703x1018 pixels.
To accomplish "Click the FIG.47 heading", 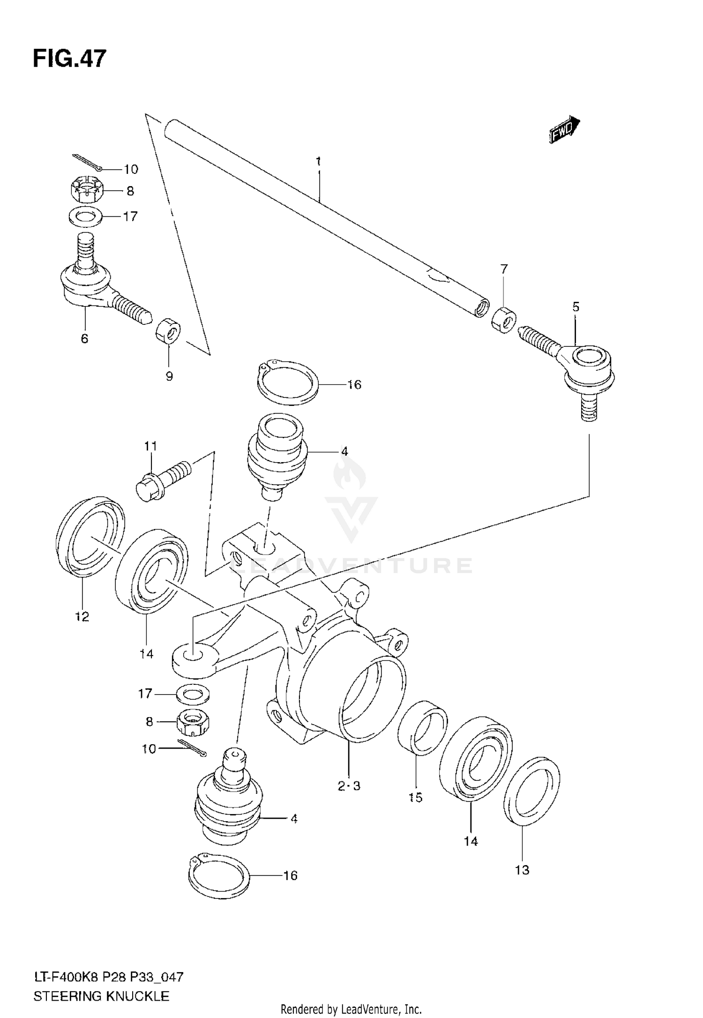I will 69,59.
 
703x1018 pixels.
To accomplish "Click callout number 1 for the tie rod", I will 318,162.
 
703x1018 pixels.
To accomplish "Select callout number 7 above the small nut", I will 504,269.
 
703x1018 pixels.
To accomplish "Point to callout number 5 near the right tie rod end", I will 576,307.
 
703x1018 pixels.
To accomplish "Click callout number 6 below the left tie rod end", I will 84,338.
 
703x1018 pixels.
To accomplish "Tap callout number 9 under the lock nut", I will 169,376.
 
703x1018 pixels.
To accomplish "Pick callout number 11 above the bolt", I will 150,446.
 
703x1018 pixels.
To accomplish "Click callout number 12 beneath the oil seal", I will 82,616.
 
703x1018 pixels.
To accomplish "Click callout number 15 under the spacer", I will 416,797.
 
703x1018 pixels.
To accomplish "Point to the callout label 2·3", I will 349,786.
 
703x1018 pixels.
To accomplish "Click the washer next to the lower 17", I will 194,694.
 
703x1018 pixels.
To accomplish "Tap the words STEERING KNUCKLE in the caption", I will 101,996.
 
